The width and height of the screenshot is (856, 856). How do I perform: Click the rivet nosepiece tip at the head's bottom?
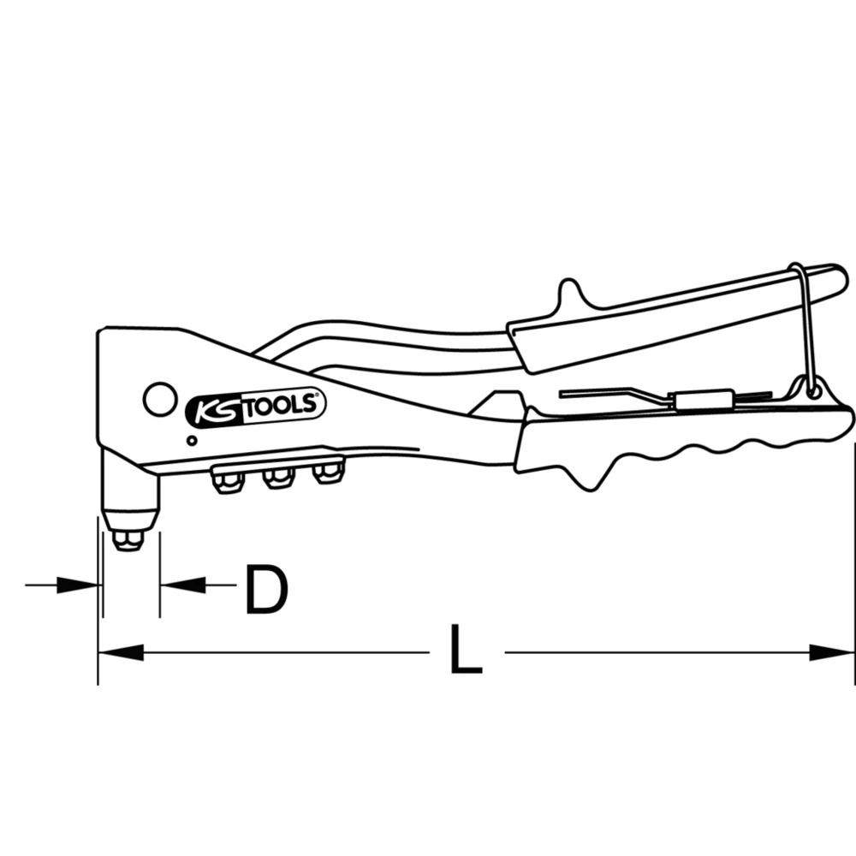128,538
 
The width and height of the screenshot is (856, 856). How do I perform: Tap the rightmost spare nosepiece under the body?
325,473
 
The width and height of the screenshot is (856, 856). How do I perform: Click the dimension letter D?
265,590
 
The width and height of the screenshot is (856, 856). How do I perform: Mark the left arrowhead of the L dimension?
120,652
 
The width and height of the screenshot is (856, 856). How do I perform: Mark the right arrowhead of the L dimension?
832,652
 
